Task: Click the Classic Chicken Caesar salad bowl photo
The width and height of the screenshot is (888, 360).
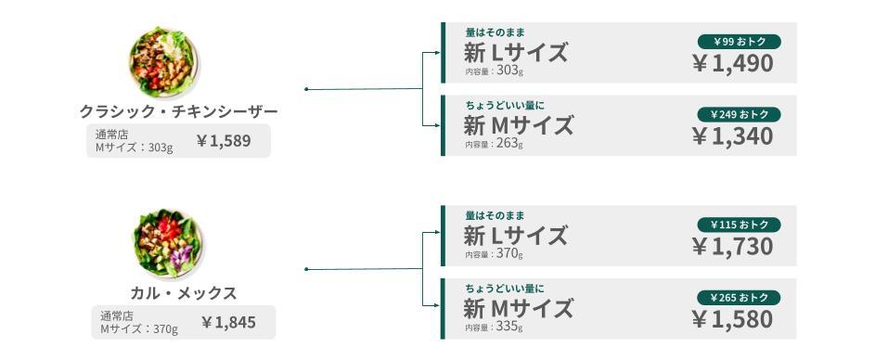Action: (x=163, y=62)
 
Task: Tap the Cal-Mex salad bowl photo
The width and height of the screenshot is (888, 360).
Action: (x=168, y=244)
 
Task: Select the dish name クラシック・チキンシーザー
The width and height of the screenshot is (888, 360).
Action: (x=179, y=111)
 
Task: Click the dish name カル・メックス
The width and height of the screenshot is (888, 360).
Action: (x=184, y=293)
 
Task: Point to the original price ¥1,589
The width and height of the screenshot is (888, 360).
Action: (x=224, y=141)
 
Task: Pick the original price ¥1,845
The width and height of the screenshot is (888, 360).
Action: (x=229, y=323)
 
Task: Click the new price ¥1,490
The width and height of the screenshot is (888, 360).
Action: (x=733, y=63)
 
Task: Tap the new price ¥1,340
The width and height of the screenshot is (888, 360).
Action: (x=733, y=136)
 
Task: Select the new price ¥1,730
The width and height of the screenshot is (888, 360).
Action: (x=733, y=247)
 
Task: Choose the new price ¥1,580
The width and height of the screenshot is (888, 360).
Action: (x=733, y=320)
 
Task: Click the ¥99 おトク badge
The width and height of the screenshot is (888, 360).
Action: (x=739, y=42)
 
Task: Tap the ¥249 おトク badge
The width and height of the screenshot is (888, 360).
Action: (x=739, y=114)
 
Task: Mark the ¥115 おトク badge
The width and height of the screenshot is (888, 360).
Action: (x=739, y=225)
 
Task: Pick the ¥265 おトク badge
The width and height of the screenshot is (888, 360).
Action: (x=739, y=298)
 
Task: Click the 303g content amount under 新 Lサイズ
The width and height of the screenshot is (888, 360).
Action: (x=509, y=71)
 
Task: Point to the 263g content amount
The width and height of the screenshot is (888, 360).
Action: (x=509, y=143)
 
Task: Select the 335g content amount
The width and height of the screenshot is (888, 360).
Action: (x=509, y=327)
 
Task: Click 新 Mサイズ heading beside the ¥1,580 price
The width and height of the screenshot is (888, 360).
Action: (x=518, y=308)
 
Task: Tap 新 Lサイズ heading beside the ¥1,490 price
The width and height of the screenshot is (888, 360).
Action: (x=515, y=53)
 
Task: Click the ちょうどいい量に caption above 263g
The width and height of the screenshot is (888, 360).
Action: (x=497, y=105)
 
